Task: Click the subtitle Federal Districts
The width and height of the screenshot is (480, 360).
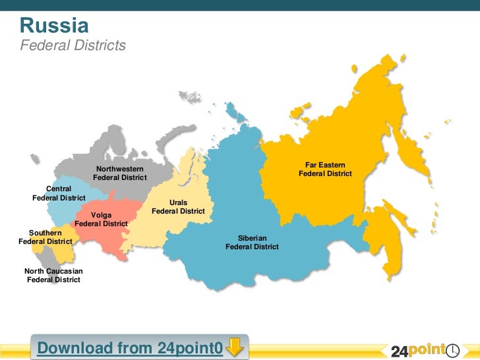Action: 73,45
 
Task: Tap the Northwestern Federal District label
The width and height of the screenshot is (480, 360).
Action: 119,174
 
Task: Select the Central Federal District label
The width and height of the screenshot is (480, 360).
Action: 59,193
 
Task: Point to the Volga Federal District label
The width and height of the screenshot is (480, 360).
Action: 101,220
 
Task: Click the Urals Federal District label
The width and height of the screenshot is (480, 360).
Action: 178,207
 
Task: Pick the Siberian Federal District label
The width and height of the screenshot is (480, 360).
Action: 252,242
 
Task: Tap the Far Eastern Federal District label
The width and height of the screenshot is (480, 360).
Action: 325,169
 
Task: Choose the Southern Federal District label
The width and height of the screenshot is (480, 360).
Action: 45,237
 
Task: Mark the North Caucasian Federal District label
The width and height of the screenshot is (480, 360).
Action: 53,276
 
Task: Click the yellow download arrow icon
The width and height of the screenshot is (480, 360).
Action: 235,346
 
